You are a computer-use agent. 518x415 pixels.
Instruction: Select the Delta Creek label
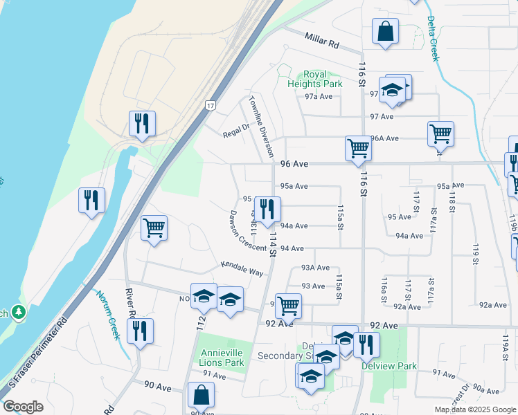pos(433,38)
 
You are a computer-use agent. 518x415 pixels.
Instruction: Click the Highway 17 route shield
pos(209,105)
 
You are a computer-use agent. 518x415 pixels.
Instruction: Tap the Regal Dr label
pos(235,130)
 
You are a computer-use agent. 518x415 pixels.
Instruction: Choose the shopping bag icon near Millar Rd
pos(385,32)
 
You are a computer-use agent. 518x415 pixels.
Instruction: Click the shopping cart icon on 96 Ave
pos(358,148)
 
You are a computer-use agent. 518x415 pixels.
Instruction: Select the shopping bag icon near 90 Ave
pos(201,395)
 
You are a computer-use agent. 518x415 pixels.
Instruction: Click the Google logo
pos(23,407)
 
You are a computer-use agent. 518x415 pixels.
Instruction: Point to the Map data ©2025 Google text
pos(474,409)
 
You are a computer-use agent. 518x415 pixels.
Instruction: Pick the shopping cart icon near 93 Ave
pos(287,304)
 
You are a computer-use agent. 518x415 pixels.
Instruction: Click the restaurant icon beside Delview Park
pos(366,343)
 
